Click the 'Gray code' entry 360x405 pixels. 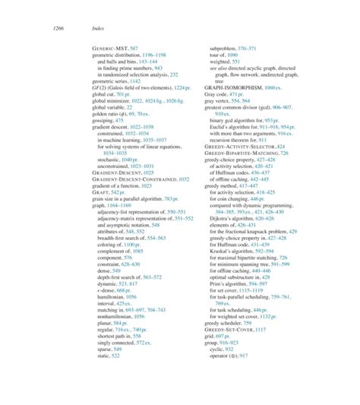click(x=210, y=95)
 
